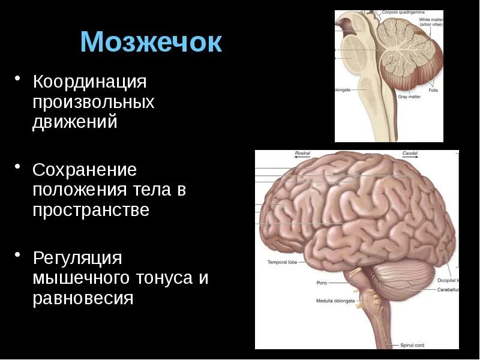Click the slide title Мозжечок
(151, 43)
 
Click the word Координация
(89, 81)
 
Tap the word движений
(74, 122)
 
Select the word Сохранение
(85, 170)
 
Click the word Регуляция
(77, 258)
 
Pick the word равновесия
(83, 298)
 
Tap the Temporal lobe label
(282, 263)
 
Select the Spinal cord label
(412, 345)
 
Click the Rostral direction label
(303, 154)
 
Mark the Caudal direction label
(410, 154)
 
